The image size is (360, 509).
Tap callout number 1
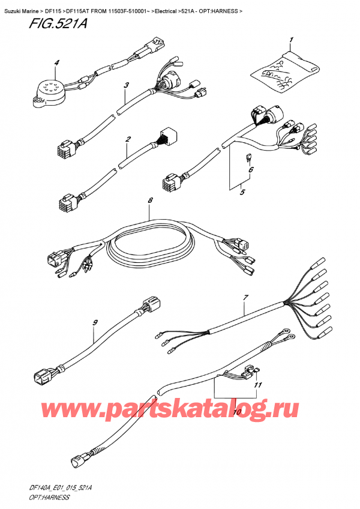tap(291, 40)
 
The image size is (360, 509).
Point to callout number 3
tap(127, 86)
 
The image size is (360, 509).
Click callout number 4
tap(56, 62)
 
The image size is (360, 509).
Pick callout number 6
tap(251, 170)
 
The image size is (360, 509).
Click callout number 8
tap(150, 201)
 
